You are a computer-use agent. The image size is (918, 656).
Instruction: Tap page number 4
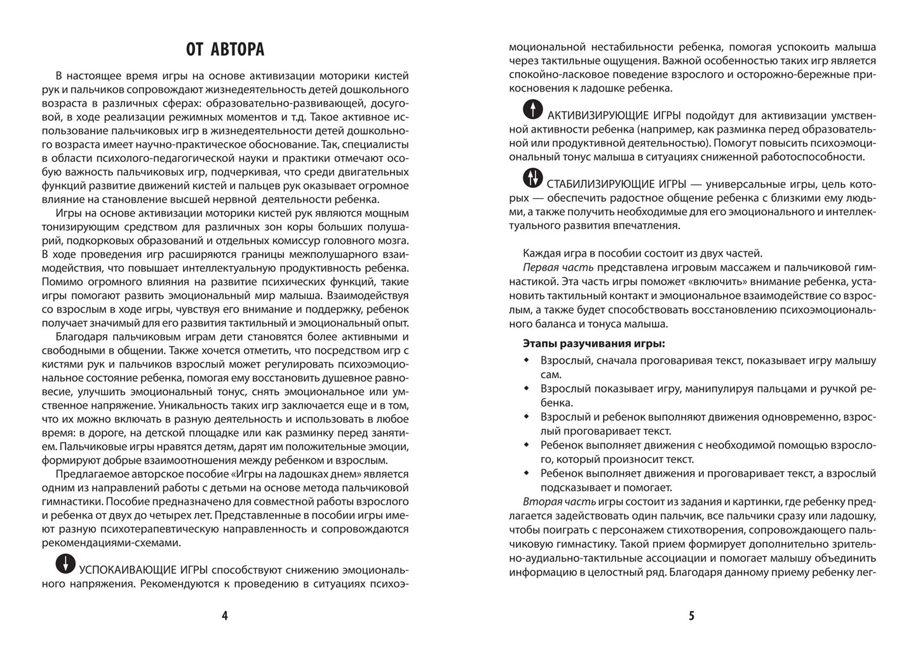224,615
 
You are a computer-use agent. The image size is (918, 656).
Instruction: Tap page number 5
692,615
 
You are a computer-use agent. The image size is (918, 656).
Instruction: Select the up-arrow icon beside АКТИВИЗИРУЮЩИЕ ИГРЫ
532,110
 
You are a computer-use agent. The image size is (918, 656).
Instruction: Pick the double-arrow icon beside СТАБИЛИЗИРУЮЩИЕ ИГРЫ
532,178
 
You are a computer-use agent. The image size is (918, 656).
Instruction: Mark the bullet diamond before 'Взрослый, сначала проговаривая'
526,360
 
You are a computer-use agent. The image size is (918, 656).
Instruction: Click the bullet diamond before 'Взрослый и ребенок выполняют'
526,416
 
